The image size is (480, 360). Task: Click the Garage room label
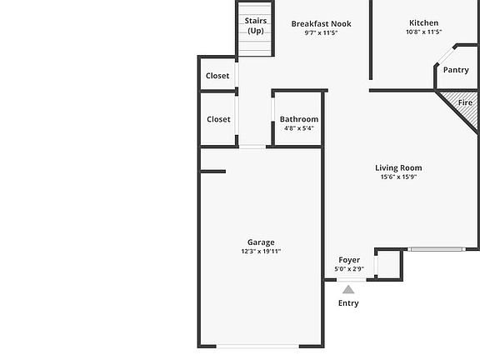(x=261, y=242)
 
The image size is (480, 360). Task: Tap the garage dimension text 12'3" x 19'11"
(x=261, y=252)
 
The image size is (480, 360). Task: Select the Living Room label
(x=398, y=167)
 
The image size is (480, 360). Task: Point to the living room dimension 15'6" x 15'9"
(x=398, y=177)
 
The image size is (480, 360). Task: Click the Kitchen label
(x=423, y=23)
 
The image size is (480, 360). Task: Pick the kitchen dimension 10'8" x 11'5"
(x=423, y=32)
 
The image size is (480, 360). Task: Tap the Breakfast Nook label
(x=321, y=23)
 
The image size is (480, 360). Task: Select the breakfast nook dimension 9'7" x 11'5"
(x=321, y=32)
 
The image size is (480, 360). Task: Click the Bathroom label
(x=298, y=119)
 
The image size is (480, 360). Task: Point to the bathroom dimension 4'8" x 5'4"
(x=298, y=128)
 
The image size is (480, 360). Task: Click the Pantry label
(x=456, y=70)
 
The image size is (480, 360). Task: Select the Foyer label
(x=349, y=260)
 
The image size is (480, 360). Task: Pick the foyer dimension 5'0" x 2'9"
(x=349, y=269)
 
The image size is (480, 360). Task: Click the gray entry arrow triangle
(x=348, y=289)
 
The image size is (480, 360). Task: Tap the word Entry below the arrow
(x=348, y=303)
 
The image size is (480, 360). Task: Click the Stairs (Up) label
(x=256, y=26)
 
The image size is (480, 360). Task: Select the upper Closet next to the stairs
(x=217, y=76)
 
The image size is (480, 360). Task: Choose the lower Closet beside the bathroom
(x=218, y=119)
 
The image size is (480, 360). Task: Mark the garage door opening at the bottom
(x=258, y=347)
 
